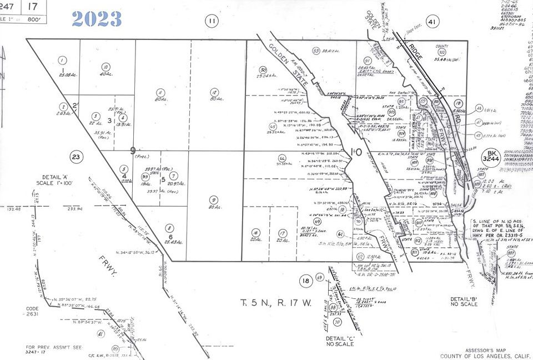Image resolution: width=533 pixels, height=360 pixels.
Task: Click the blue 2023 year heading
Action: [x=97, y=18]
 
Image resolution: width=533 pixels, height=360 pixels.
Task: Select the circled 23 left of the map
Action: [x=76, y=157]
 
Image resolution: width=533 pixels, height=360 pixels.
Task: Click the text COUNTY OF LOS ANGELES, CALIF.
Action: [x=484, y=356]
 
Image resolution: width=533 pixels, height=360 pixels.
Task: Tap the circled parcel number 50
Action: [x=264, y=70]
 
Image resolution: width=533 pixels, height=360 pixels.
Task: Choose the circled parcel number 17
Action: [x=282, y=233]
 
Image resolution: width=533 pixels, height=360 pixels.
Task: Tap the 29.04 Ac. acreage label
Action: [x=266, y=74]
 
